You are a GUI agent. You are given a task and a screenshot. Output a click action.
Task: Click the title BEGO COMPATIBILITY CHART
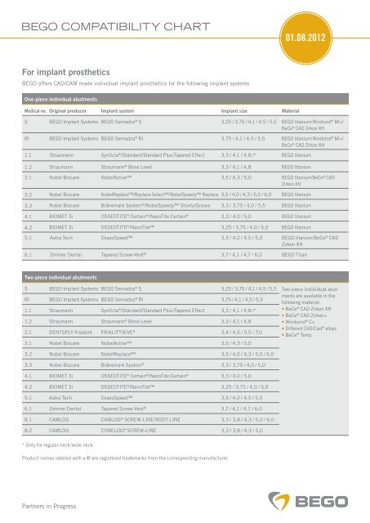click(x=97, y=29)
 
